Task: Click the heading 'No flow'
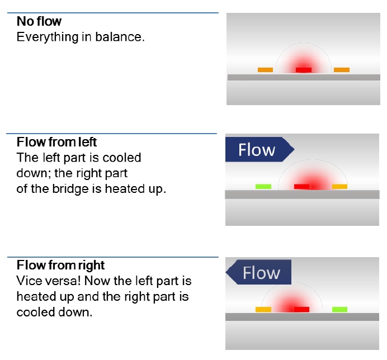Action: pyautogui.click(x=39, y=22)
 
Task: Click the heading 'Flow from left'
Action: pyautogui.click(x=56, y=142)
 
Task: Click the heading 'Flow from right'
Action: pyautogui.click(x=60, y=264)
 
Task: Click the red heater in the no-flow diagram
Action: pyautogui.click(x=304, y=70)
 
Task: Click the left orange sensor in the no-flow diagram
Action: pyautogui.click(x=265, y=70)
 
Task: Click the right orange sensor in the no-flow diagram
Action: pyautogui.click(x=341, y=70)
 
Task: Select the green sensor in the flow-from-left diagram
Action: pyautogui.click(x=263, y=186)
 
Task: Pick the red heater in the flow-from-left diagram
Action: pyautogui.click(x=301, y=186)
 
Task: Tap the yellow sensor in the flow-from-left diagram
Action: pyautogui.click(x=339, y=186)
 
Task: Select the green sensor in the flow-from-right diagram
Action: pyautogui.click(x=339, y=309)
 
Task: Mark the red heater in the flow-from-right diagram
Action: pyautogui.click(x=301, y=309)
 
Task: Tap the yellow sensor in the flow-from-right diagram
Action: pyautogui.click(x=263, y=309)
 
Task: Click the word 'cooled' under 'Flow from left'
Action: pyautogui.click(x=120, y=158)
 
